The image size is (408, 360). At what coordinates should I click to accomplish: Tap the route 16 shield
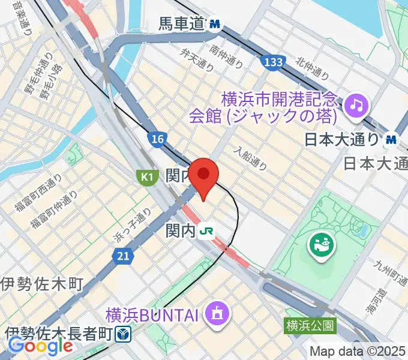pyautogui.click(x=157, y=139)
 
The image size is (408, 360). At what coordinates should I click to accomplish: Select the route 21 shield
pyautogui.click(x=122, y=256)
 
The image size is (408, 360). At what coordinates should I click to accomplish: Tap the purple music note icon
pyautogui.click(x=356, y=106)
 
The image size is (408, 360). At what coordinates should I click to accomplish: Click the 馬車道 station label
pyautogui.click(x=182, y=24)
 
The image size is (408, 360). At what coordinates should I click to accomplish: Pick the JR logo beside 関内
pyautogui.click(x=208, y=230)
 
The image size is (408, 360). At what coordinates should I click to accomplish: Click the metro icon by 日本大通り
pyautogui.click(x=392, y=139)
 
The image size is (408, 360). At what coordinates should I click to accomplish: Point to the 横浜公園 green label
pyautogui.click(x=310, y=326)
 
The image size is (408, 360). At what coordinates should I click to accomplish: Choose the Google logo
pyautogui.click(x=40, y=346)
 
